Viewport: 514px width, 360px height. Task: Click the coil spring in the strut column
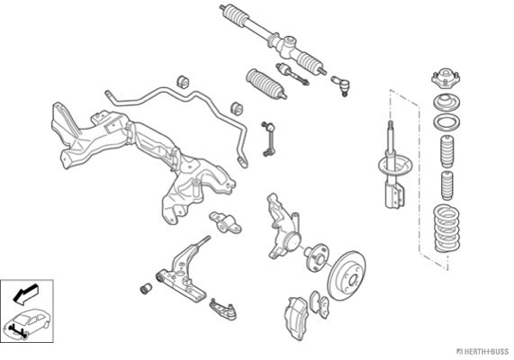tap(446, 229)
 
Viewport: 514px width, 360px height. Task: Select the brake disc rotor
tap(347, 275)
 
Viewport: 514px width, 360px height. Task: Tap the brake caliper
tap(297, 318)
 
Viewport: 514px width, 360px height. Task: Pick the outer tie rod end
tap(341, 85)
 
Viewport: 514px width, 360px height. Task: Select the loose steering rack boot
tap(266, 84)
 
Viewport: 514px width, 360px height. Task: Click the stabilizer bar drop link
tap(268, 139)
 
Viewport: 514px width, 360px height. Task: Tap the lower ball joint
tap(223, 309)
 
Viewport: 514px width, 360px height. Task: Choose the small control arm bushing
tap(146, 288)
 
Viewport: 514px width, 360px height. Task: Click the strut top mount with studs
tap(446, 77)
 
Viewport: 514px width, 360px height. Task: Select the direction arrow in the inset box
tap(25, 293)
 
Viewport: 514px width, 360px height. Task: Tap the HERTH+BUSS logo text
tap(482, 352)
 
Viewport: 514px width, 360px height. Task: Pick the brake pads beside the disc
tap(320, 304)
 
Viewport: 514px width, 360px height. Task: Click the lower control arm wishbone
tap(183, 271)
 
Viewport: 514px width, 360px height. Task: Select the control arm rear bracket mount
tap(225, 222)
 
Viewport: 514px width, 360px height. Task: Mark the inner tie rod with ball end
tap(293, 74)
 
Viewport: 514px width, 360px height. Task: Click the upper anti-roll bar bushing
tap(184, 82)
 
